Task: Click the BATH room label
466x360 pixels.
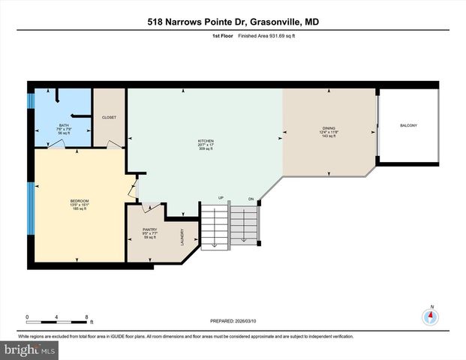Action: (64, 125)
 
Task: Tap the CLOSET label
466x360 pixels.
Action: (109, 118)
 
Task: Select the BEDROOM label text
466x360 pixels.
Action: (80, 200)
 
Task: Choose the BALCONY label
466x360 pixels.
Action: (408, 125)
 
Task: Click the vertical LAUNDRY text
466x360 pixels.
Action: (182, 238)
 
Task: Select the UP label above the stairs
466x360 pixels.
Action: (221, 198)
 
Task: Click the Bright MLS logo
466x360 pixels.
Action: (29, 350)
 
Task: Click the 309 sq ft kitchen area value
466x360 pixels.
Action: (206, 149)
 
